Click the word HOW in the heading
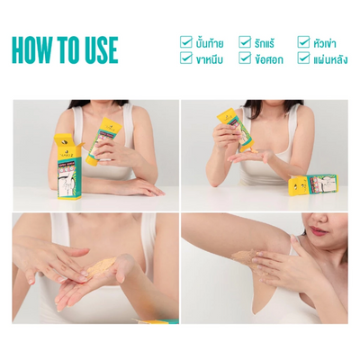[x=38, y=49]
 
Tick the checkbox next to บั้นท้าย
[x=186, y=41]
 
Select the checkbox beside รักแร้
[x=245, y=41]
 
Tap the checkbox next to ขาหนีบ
[x=186, y=58]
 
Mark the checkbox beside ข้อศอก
[x=245, y=58]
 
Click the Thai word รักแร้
[x=267, y=41]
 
